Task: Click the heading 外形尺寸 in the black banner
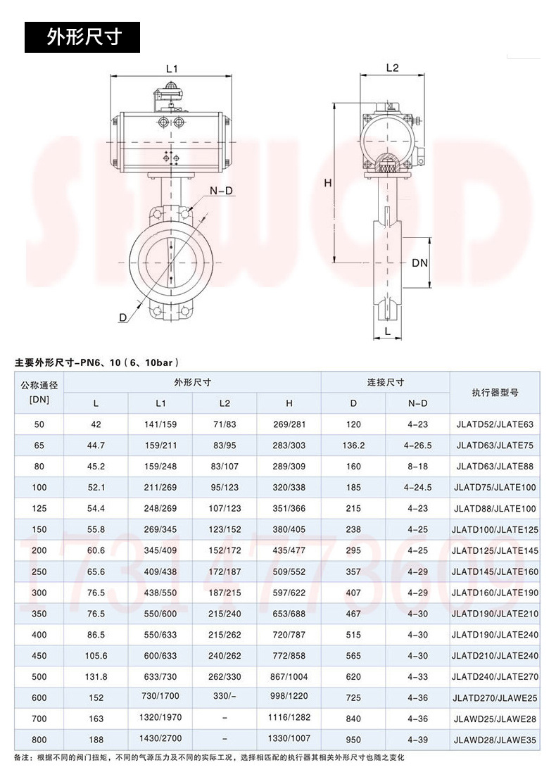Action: pos(84,37)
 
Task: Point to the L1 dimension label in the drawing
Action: pos(172,68)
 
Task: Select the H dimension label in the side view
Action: pos(327,183)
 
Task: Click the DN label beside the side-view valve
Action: pos(419,263)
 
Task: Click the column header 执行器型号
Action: pos(495,393)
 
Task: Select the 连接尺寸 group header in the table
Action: pos(385,382)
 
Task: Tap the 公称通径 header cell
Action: pos(39,386)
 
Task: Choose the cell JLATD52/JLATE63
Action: pos(495,424)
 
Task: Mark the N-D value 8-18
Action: pos(417,466)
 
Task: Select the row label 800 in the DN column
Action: pos(39,739)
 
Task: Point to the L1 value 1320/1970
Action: pos(160,718)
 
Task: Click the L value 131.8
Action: pos(96,676)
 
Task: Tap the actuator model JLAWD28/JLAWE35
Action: pos(495,740)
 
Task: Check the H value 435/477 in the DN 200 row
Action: pos(289,550)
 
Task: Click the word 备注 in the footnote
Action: pos(23,757)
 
